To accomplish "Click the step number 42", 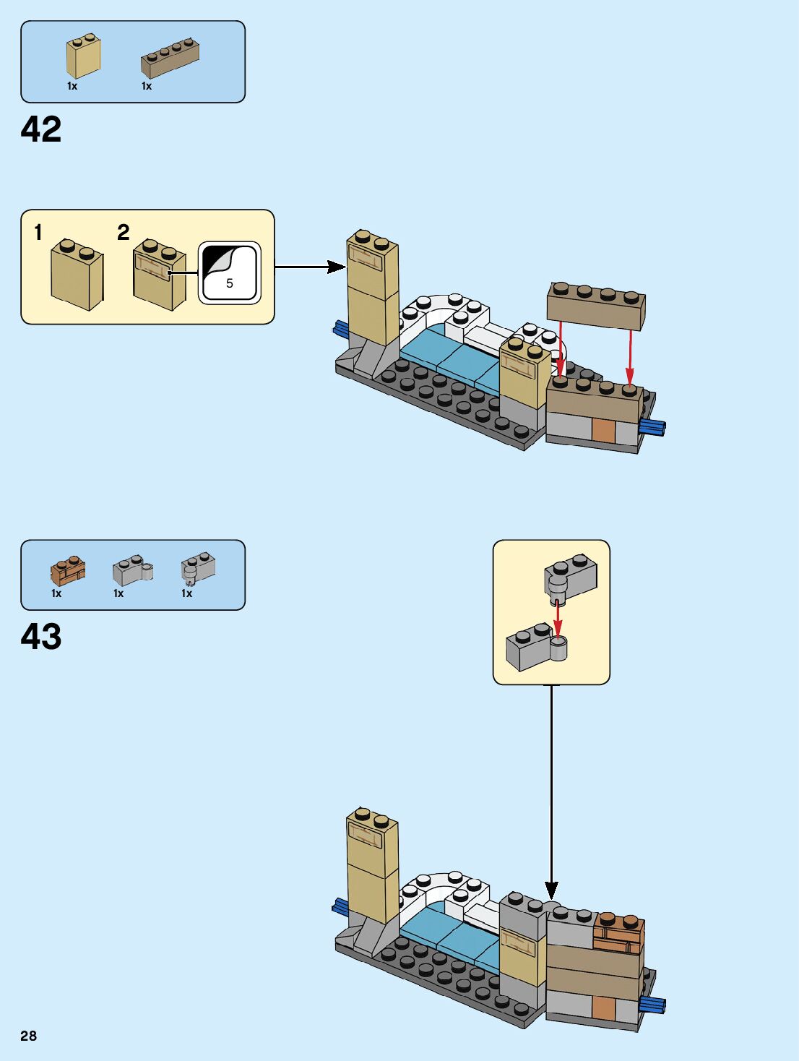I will tap(41, 130).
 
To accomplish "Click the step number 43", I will tap(41, 637).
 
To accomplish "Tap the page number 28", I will tap(28, 1036).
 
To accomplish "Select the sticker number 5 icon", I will tap(229, 272).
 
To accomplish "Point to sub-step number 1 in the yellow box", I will tap(38, 233).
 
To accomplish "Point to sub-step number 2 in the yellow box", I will tap(123, 233).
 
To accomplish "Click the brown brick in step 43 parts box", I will tap(67, 571).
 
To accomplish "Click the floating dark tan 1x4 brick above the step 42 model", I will tap(596, 306).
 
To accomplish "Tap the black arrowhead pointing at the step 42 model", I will tap(336, 267).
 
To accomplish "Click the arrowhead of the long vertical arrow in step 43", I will tap(551, 890).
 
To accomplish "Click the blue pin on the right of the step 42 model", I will tap(652, 427).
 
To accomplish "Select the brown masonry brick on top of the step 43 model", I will tap(619, 933).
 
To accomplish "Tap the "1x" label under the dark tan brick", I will tap(147, 86).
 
